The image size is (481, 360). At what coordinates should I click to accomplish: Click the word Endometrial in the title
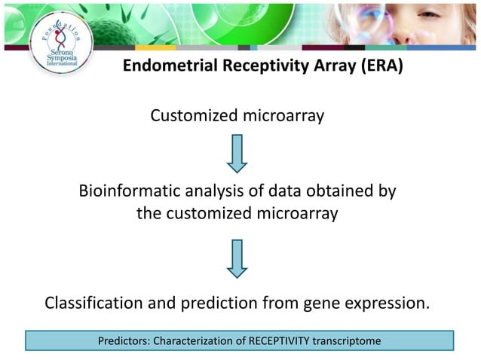click(x=168, y=66)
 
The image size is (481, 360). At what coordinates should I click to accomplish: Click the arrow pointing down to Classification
click(x=237, y=258)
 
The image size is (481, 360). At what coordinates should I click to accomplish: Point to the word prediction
click(x=216, y=304)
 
